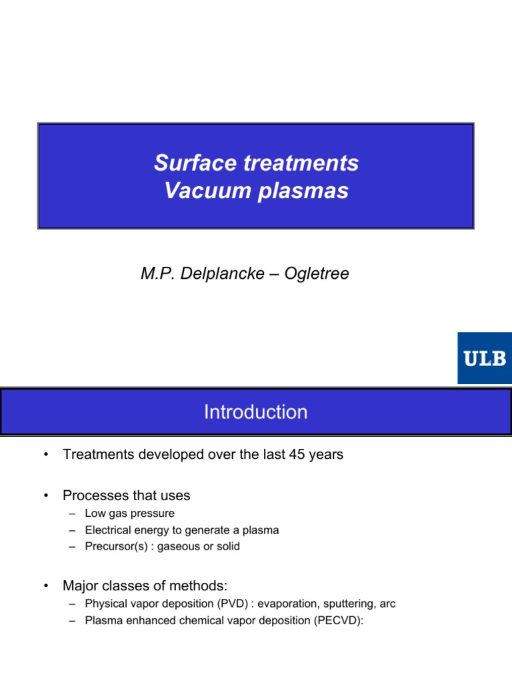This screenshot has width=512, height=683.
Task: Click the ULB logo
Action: click(x=484, y=358)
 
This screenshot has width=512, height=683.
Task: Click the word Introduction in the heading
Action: click(x=256, y=412)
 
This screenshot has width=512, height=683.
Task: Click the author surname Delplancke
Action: click(x=220, y=273)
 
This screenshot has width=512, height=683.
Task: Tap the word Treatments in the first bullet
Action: click(x=98, y=455)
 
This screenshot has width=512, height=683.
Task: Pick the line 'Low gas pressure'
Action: click(x=129, y=514)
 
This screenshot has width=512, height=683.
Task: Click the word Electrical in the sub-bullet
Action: click(x=107, y=530)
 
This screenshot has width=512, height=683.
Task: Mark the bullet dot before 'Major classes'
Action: click(x=45, y=586)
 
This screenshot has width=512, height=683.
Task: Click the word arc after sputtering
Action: click(x=387, y=604)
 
